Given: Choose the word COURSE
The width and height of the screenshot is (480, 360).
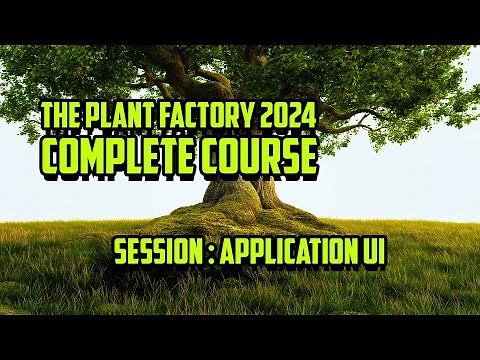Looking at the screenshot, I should [x=260, y=156].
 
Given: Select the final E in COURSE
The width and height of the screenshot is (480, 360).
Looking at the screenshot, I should [x=307, y=156].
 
